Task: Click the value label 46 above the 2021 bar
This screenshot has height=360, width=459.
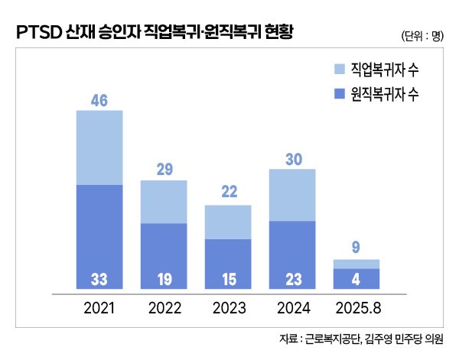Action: pos(99,99)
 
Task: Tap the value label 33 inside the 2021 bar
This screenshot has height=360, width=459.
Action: pos(99,280)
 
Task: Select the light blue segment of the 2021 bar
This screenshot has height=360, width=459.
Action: pos(99,148)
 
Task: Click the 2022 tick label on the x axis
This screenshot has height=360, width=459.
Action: pos(164,309)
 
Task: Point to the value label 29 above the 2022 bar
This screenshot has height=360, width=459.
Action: pos(164,169)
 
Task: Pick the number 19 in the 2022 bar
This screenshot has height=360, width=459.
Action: pos(164,280)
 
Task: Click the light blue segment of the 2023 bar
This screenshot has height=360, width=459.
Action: pos(228,222)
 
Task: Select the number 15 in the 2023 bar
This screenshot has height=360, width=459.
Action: pos(228,280)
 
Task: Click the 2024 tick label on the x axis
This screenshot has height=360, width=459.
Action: pos(292,309)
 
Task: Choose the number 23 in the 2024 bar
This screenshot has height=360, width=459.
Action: pos(292,280)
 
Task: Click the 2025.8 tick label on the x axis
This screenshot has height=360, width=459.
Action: pos(356,309)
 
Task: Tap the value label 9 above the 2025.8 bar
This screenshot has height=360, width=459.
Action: pos(356,248)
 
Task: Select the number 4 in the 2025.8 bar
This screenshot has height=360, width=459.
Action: pos(356,280)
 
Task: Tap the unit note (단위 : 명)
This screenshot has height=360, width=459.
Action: pos(422,36)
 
